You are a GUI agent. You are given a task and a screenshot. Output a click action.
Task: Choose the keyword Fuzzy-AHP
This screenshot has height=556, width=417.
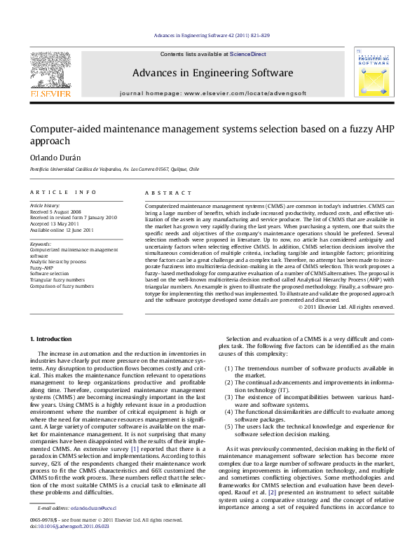[43, 267]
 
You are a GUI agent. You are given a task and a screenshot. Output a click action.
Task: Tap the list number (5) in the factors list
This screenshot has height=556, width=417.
[229, 426]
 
